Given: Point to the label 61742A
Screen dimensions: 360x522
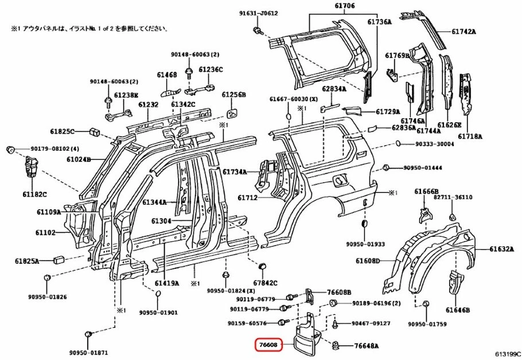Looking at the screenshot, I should coord(463,32).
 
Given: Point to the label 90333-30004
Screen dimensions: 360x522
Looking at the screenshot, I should coord(434,144).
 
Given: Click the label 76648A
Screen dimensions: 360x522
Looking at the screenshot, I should coord(367,346).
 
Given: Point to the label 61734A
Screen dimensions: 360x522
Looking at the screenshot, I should coord(234,171).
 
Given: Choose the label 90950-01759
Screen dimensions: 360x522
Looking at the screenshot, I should coord(427,324).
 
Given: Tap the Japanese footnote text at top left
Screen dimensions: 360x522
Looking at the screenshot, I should coord(89,28).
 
